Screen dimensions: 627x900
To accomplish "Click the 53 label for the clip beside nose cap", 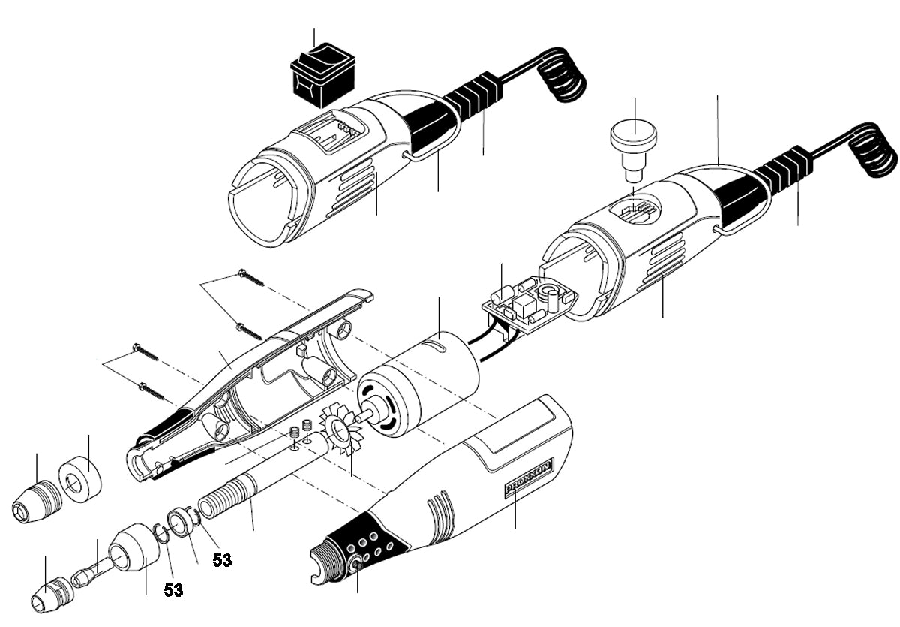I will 173,590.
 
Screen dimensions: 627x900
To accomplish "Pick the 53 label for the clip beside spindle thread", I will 221,559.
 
